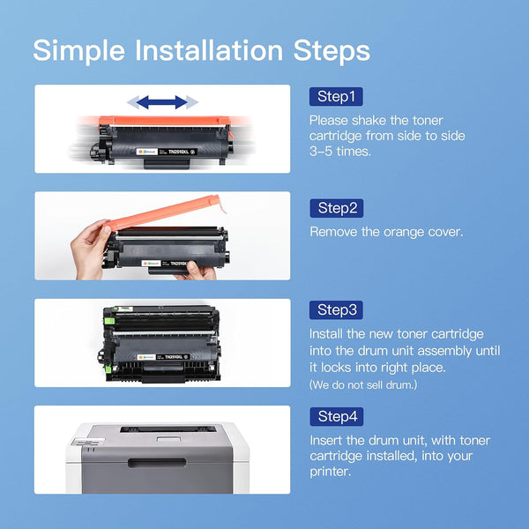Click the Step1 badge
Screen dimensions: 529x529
(336, 96)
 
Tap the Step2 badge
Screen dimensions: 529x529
(336, 208)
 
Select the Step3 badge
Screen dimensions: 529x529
(336, 310)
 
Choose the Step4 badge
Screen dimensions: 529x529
(336, 417)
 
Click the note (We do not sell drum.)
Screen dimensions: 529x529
(364, 384)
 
